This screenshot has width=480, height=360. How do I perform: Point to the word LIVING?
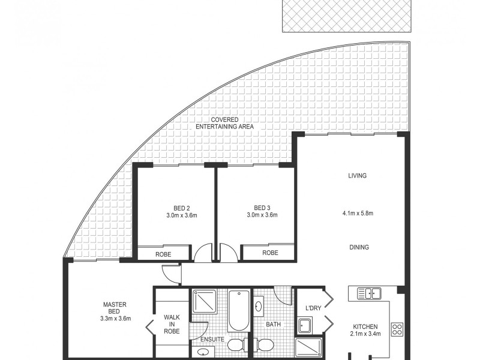click(x=357, y=176)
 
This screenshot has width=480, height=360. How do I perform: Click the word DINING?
click(x=358, y=247)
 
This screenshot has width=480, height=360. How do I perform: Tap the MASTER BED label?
click(x=114, y=307)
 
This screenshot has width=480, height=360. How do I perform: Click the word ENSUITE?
click(x=213, y=340)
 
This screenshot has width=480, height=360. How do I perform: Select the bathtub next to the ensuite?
click(x=238, y=311)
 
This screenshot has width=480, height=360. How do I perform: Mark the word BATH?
click(x=274, y=325)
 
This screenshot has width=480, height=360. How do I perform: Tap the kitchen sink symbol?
click(x=370, y=293)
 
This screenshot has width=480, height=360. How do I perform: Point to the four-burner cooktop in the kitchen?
click(x=397, y=329)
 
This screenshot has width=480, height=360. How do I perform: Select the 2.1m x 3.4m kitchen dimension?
click(x=365, y=334)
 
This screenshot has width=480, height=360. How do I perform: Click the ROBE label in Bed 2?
click(x=163, y=254)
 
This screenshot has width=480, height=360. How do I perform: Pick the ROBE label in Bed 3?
click(x=270, y=253)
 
